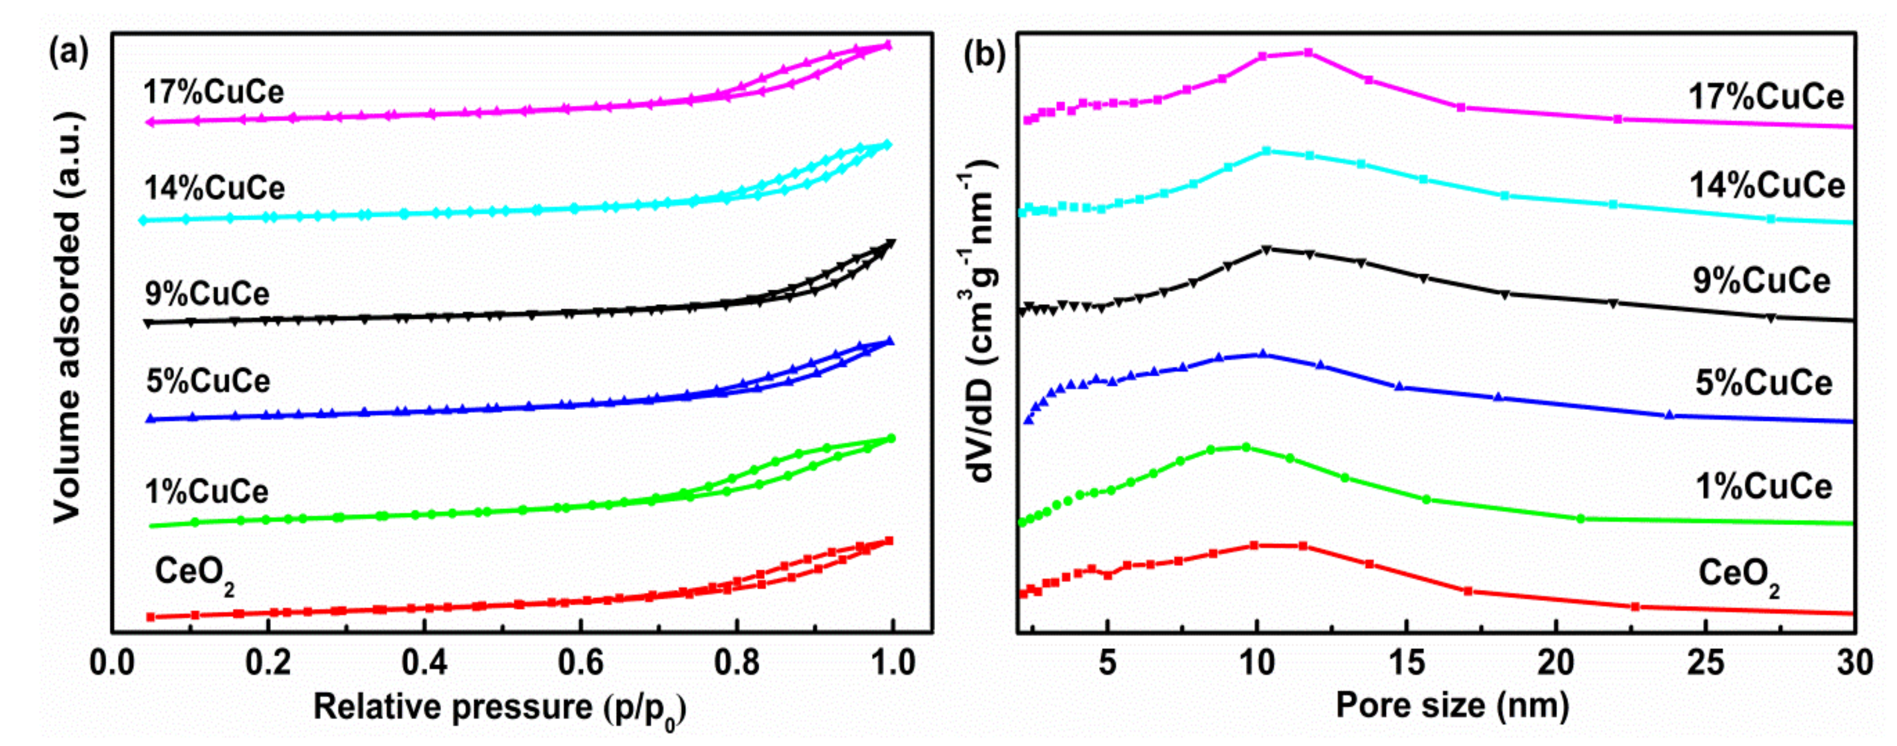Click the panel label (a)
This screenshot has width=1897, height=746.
coord(68,54)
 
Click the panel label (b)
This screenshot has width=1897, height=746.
coord(984,54)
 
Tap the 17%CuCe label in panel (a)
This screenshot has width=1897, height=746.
coord(213,92)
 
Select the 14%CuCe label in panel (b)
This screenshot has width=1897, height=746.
coord(1767,185)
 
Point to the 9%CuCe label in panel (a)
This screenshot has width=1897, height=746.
coord(208,294)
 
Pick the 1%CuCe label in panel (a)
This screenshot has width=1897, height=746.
coord(207,491)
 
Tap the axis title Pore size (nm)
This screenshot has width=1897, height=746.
coord(1452,706)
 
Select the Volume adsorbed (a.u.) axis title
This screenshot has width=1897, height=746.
coord(68,316)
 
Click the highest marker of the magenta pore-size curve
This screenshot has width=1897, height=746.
coord(1308,52)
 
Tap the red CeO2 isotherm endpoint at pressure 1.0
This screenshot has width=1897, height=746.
coord(889,540)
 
